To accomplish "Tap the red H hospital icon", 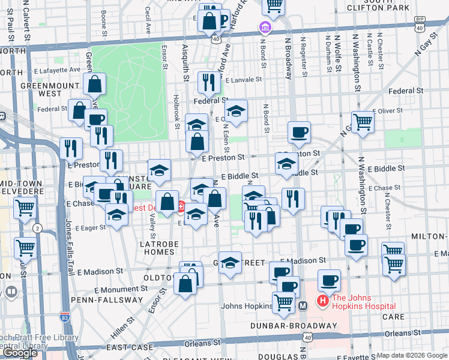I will (x=323, y=301).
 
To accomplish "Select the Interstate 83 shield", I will (x=65, y=316).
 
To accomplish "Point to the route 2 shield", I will (x=38, y=229).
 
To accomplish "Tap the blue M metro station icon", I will (x=303, y=305).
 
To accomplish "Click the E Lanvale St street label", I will (x=243, y=79).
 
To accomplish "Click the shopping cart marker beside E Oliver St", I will (x=363, y=122).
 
